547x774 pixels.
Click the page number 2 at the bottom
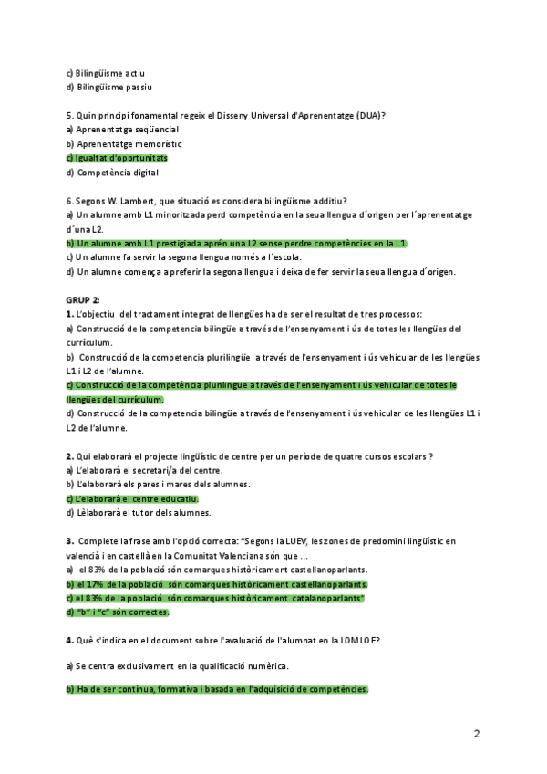coord(477,733)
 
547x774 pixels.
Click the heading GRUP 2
coord(83,300)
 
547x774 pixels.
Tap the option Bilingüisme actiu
coord(106,73)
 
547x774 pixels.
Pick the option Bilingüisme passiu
coord(108,88)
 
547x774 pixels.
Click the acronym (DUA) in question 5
coord(369,115)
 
